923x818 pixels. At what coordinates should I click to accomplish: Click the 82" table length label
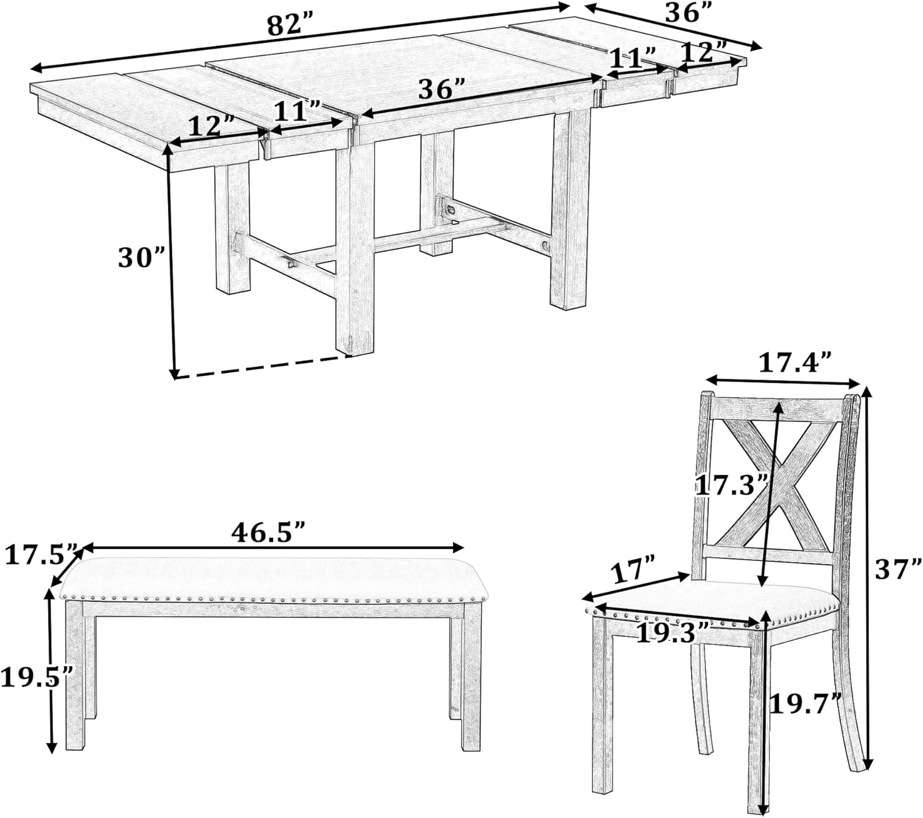click(290, 26)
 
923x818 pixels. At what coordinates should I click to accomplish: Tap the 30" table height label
click(141, 258)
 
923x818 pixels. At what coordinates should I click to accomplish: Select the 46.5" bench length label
click(267, 531)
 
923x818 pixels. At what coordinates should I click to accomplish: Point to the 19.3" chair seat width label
click(673, 633)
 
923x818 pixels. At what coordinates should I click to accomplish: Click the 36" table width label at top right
click(689, 13)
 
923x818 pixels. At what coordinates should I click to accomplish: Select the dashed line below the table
click(263, 367)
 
